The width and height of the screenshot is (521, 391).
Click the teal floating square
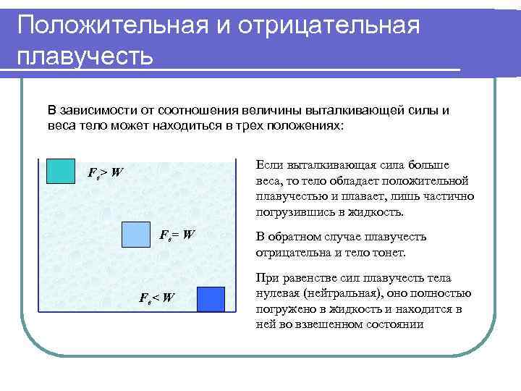[x=60, y=170]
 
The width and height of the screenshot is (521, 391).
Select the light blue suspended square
[x=135, y=235]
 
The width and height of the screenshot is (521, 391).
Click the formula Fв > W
[x=105, y=173]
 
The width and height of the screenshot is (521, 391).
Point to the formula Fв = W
[x=177, y=234]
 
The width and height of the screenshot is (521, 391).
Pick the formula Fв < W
[x=157, y=297]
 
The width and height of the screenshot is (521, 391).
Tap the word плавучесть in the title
[x=85, y=56]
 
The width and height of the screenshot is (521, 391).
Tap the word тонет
[x=391, y=253]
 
